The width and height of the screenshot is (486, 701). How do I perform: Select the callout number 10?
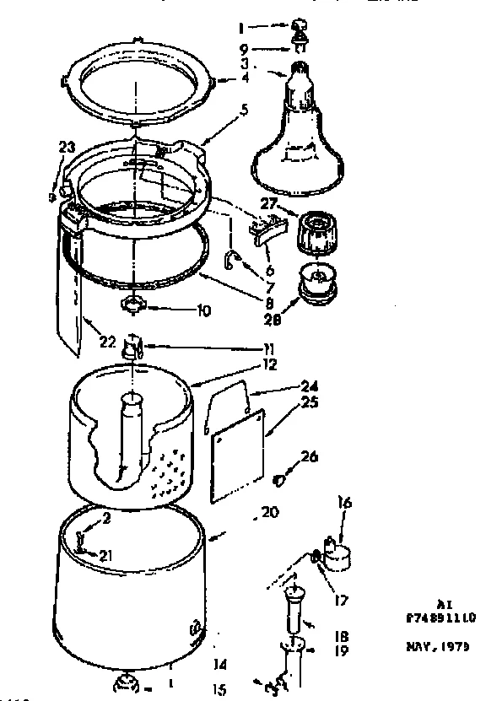tap(203, 310)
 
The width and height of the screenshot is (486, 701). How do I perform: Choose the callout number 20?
tap(269, 512)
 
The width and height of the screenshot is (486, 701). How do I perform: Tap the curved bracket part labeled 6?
tap(266, 227)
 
